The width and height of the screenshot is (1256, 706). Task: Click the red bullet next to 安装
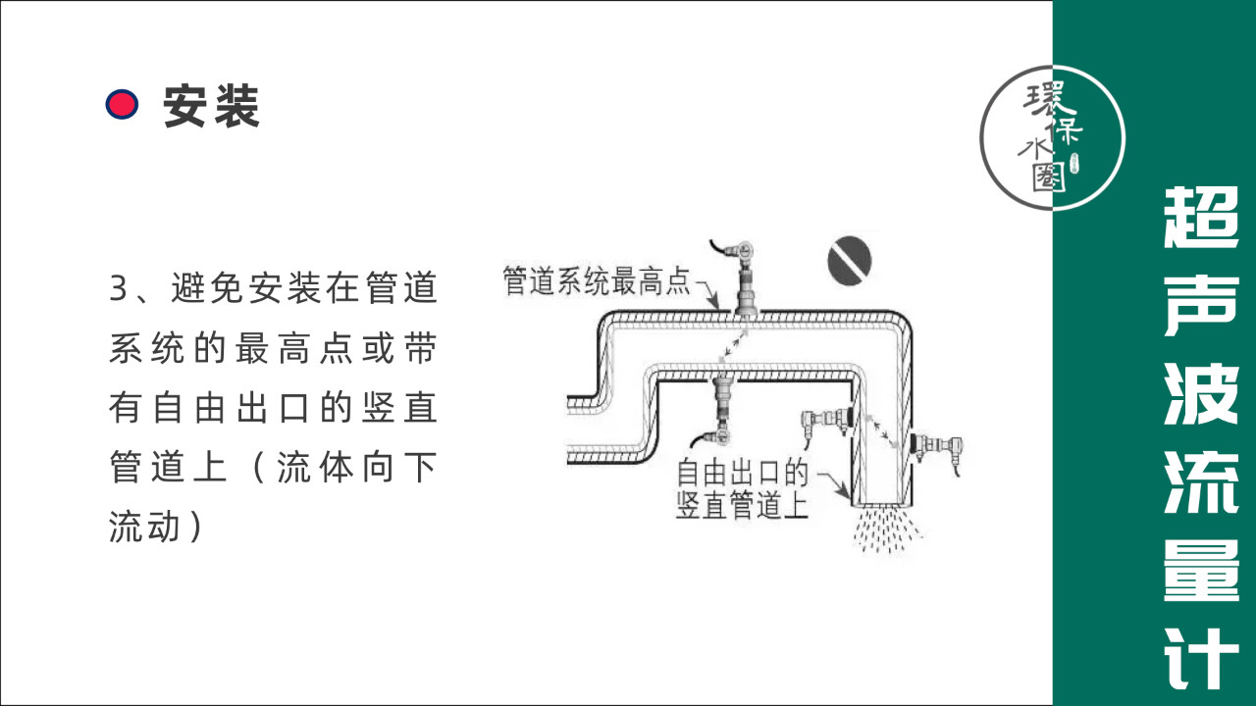click(122, 104)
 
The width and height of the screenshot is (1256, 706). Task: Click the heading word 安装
click(211, 105)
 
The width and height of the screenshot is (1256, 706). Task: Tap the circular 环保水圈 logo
click(1052, 137)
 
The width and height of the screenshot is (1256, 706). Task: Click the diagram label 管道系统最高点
click(596, 281)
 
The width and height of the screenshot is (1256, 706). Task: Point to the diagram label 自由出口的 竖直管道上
click(742, 489)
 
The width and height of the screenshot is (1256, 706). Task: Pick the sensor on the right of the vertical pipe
click(935, 447)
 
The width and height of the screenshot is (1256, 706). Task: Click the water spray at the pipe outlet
click(887, 529)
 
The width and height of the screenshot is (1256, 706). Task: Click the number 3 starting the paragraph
click(119, 289)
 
